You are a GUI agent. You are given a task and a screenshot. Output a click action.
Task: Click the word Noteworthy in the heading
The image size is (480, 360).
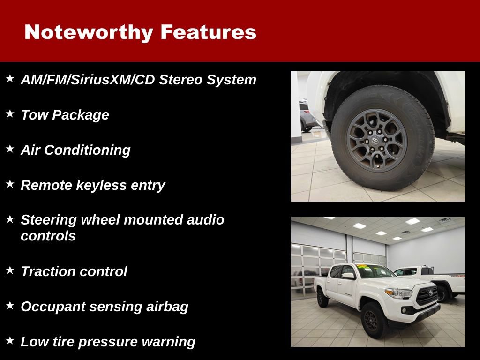click(89, 32)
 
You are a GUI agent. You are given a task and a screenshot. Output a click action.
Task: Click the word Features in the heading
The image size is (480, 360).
click(208, 32)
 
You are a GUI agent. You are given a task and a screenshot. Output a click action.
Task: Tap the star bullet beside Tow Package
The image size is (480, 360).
click(10, 113)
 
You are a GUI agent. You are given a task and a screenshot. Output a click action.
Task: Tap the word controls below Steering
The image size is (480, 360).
click(48, 236)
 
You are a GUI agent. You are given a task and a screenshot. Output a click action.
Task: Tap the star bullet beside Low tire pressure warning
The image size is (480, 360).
click(10, 340)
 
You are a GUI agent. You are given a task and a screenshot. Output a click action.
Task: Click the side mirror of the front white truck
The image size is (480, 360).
click(348, 276)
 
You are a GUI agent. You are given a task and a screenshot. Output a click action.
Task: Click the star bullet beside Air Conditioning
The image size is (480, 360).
click(10, 149)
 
